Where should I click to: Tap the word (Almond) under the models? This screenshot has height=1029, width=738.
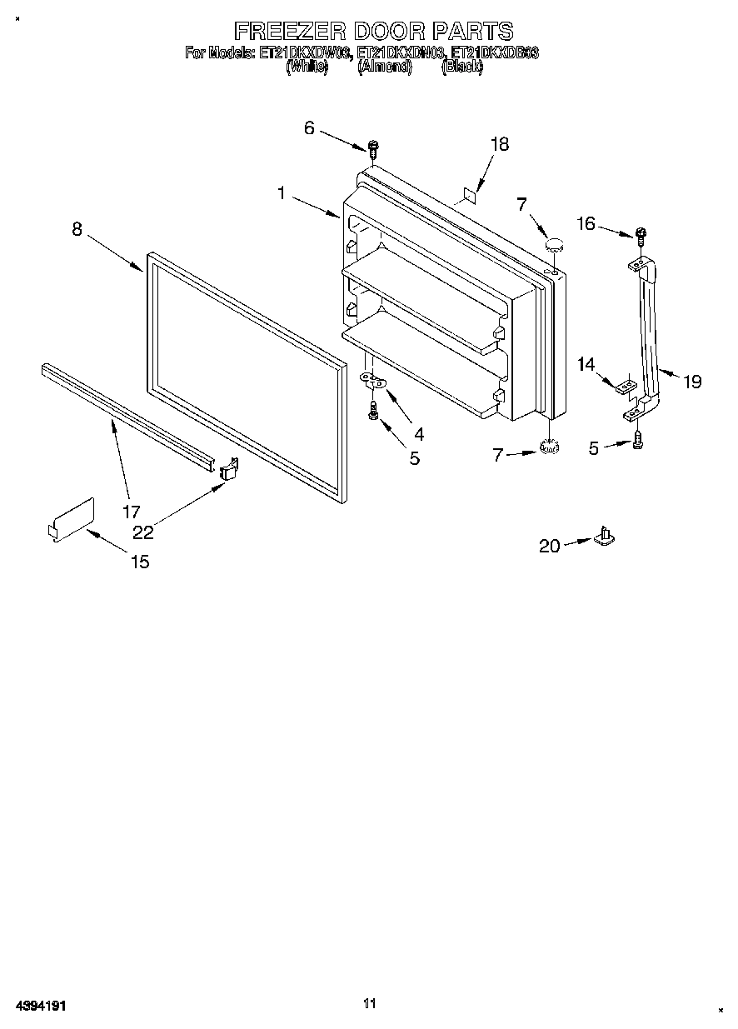[x=384, y=67]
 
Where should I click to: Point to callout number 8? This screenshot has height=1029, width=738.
[x=77, y=229]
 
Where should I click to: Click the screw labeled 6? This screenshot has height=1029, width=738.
[x=373, y=150]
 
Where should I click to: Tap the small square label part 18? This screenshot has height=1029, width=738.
[x=469, y=195]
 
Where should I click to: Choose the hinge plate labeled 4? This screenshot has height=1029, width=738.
[x=372, y=381]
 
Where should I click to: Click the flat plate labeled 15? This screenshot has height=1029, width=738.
[x=71, y=518]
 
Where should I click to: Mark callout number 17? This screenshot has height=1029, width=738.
[x=132, y=511]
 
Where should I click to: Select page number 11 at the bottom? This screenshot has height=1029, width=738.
[x=371, y=1003]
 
